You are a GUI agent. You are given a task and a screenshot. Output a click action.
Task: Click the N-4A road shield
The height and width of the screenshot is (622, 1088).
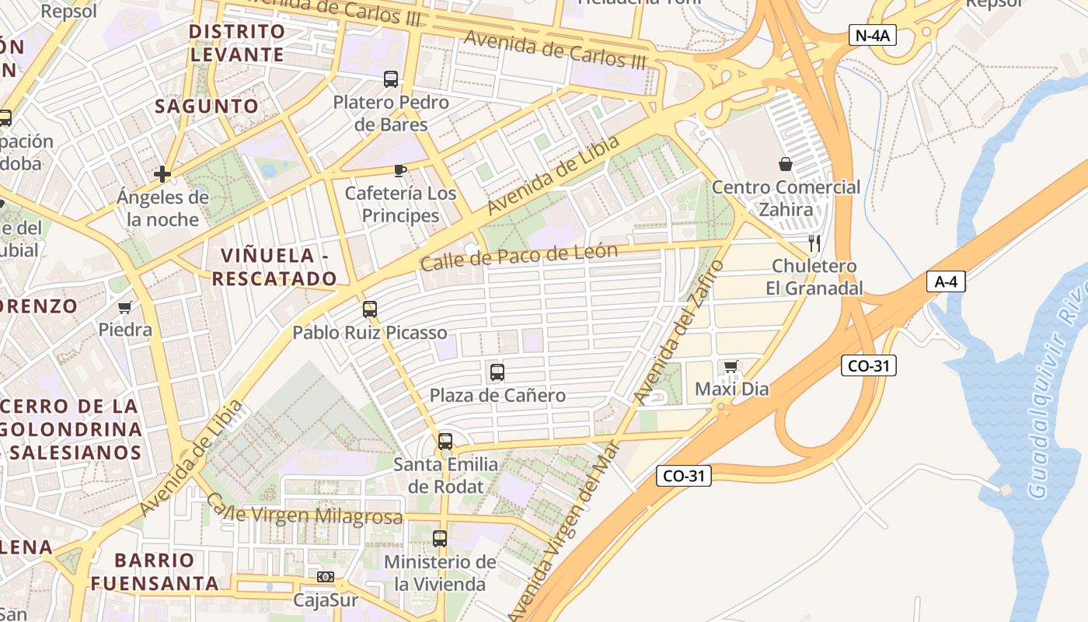coord(872,35)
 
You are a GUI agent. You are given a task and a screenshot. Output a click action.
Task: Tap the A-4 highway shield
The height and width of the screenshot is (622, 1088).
coord(946,281)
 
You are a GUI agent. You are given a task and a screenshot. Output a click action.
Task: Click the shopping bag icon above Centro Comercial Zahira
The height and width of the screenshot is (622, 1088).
coord(786,164)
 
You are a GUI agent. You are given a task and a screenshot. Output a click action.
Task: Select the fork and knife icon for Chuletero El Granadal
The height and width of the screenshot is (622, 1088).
coord(814,243)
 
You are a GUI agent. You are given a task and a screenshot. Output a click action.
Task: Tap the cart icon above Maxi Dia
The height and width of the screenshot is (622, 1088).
coord(731,366)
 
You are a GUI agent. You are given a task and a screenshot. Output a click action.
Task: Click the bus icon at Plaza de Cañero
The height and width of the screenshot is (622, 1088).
coord(497,372)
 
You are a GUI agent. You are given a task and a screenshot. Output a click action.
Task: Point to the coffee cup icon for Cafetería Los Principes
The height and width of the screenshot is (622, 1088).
coord(400,170)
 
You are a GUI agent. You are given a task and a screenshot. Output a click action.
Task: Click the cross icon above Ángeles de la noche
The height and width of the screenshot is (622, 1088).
coord(162,174)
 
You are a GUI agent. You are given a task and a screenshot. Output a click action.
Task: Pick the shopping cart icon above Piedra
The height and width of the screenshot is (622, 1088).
coord(125,307)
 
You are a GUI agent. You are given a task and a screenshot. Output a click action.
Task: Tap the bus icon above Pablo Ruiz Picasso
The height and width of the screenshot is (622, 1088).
coord(370,309)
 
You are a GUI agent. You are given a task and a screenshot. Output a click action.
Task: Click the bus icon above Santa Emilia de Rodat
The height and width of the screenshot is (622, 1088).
coord(445,442)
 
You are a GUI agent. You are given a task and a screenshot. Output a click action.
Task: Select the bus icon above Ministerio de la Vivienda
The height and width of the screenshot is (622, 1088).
coord(440,538)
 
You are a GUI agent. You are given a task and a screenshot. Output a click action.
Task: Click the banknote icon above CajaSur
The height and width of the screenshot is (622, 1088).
coord(326,577)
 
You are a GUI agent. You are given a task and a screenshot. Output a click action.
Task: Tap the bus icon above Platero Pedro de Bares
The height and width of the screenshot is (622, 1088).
coord(391,79)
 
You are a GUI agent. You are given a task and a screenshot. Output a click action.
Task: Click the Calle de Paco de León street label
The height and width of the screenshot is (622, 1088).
coord(518,257)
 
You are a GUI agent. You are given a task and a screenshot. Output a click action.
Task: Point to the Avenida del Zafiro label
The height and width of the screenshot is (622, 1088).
coord(678,333)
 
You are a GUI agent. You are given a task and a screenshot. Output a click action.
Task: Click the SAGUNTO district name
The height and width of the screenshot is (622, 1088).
coord(206,107)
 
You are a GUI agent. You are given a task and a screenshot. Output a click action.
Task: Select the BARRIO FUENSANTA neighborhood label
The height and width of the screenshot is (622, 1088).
coord(154,571)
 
